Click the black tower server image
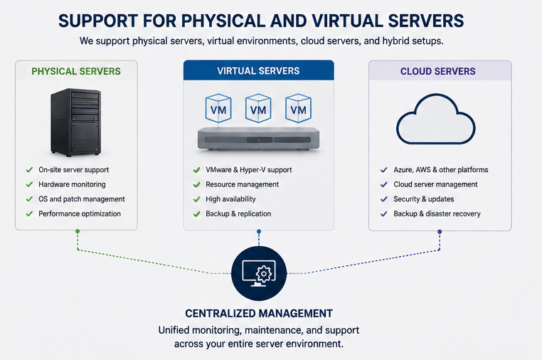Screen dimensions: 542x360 point(75,122)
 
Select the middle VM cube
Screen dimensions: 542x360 point(258,108)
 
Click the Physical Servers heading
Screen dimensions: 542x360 point(76,71)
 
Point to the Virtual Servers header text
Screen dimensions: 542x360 point(258,71)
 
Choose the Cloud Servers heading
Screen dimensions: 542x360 point(437,71)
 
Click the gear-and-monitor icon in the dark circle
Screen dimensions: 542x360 point(259,273)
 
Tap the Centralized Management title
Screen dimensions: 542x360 point(259,313)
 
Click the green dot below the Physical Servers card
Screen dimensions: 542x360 point(78,231)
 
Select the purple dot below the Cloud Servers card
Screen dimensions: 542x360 point(440,232)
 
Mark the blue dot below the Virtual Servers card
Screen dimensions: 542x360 point(259,231)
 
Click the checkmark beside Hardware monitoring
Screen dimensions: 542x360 point(29,184)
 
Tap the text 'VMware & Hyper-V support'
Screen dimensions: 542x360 point(248,170)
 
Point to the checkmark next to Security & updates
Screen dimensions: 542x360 point(383,199)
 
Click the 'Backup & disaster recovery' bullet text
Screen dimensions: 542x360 point(437,213)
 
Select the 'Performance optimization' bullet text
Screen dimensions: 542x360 point(80,213)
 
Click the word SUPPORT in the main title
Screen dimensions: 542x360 point(98,21)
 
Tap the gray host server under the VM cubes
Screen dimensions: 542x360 point(258,139)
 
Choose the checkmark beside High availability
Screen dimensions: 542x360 point(197,199)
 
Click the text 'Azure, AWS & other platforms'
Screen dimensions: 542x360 point(441,170)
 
